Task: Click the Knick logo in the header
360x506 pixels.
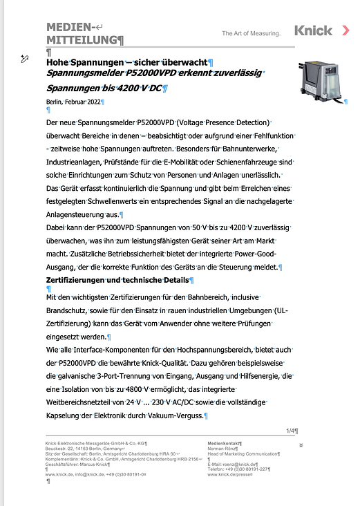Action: (x=313, y=30)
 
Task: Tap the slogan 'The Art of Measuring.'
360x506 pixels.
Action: (x=251, y=33)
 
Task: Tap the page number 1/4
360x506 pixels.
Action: (x=291, y=431)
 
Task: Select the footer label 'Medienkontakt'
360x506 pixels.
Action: (x=226, y=442)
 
